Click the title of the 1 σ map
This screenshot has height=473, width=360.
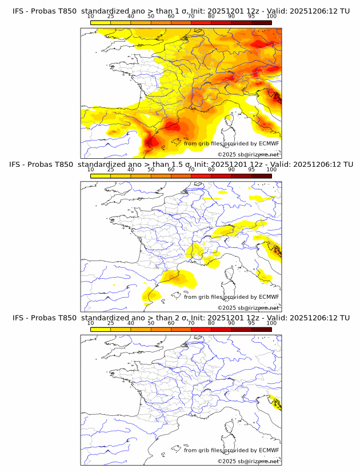pos(181,11)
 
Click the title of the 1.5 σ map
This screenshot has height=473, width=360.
pos(181,165)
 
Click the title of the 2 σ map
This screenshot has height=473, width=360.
pos(181,318)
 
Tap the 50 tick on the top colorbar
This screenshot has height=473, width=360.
pos(151,17)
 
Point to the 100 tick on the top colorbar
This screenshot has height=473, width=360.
pos(271,17)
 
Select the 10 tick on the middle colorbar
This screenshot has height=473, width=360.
pos(91,170)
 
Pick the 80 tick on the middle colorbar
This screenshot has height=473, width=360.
pos(211,170)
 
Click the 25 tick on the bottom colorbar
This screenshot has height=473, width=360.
pos(111,323)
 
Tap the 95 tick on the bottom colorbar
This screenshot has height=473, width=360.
pos(251,323)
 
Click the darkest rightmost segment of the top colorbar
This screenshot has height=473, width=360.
pos(261,22)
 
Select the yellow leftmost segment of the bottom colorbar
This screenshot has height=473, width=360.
pos(101,329)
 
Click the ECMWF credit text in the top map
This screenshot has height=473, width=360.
pos(231,143)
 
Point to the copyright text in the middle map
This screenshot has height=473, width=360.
pos(249,307)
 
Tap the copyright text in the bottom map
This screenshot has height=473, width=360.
pos(249,461)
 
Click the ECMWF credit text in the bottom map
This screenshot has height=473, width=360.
pos(231,450)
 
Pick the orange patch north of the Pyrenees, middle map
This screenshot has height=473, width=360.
pos(178,278)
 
